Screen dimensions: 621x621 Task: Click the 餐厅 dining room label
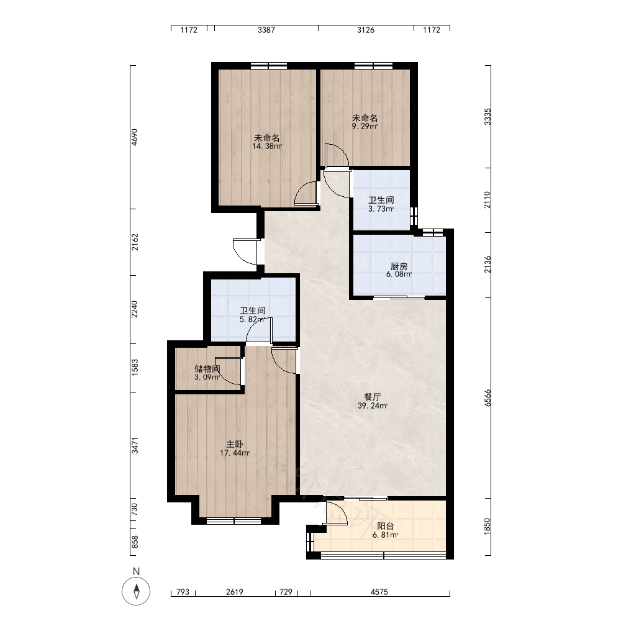[x=372, y=397]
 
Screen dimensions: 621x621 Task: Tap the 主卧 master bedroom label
[x=235, y=445]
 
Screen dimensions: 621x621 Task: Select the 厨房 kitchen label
[x=399, y=266]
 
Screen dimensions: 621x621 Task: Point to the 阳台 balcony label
[x=386, y=527]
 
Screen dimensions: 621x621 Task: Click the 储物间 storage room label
[x=207, y=369]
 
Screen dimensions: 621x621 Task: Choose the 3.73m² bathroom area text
[x=381, y=209]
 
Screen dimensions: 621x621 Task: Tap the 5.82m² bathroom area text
[x=252, y=319]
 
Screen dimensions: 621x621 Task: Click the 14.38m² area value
[x=267, y=146]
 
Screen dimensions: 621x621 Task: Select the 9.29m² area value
[x=365, y=126]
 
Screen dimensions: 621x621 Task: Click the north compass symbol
[x=136, y=591]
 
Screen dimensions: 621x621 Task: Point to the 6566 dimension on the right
[x=487, y=397]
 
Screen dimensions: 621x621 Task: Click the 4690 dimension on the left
[x=135, y=137]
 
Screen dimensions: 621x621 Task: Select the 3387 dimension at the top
[x=266, y=30]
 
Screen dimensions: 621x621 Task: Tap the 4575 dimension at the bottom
[x=379, y=592]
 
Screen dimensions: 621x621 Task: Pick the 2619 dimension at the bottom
[x=235, y=592]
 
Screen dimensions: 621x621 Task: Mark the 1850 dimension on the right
[x=487, y=527]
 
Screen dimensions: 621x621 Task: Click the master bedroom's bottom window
[x=234, y=521]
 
